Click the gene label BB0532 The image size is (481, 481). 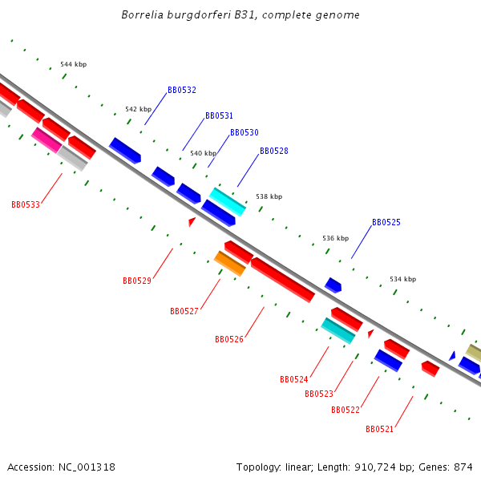click(182, 91)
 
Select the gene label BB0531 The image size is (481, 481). click(219, 116)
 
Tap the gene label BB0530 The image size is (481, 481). click(245, 133)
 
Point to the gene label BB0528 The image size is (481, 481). click(274, 152)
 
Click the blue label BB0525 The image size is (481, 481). click(386, 223)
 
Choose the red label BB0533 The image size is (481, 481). click(26, 205)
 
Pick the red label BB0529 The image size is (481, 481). click(137, 281)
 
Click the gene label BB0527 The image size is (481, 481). click(184, 312)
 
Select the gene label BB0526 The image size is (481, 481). click(229, 340)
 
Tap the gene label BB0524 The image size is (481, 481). click(294, 380)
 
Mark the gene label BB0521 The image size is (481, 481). click(380, 430)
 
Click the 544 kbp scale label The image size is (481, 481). click(74, 64)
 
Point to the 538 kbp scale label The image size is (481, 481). click(269, 196)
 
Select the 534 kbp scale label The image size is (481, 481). click(402, 279)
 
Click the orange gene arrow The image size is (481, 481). click(230, 263)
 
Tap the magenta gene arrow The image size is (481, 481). click(46, 139)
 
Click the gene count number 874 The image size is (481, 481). click(463, 467)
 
